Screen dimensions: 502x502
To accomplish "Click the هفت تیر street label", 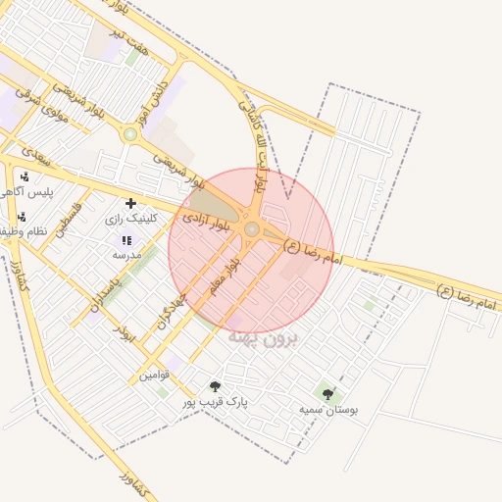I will click(x=129, y=41).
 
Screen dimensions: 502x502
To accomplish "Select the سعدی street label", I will click(x=35, y=155).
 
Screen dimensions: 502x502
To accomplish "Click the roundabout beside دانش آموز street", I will click(x=130, y=133).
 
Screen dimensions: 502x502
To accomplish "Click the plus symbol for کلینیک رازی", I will click(x=130, y=203).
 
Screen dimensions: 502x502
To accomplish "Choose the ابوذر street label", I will click(x=125, y=330).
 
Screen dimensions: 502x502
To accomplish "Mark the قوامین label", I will click(x=153, y=374).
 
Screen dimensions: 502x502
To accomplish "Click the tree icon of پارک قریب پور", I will click(x=216, y=387).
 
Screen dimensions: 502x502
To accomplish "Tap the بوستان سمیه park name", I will click(x=329, y=409).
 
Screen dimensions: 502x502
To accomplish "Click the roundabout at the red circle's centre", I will click(x=252, y=229).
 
